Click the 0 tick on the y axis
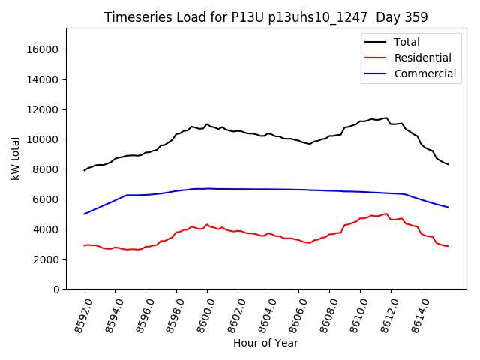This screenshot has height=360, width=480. [57, 289]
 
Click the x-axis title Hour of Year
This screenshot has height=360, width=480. [265, 343]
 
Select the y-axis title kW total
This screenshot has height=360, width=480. [15, 158]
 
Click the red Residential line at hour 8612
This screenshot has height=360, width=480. [391, 220]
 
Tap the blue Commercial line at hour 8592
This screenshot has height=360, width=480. [85, 214]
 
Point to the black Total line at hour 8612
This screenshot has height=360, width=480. [391, 124]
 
